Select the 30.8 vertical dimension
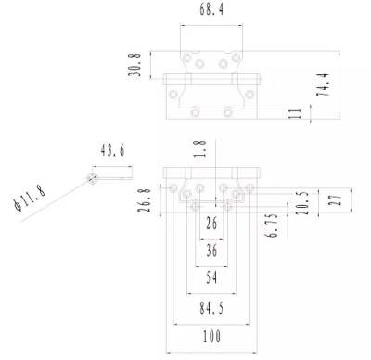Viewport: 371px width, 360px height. (x=136, y=65)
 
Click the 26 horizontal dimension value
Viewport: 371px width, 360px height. (x=211, y=225)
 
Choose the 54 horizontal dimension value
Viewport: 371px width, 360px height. (x=211, y=277)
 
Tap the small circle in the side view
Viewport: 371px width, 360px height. (x=92, y=175)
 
